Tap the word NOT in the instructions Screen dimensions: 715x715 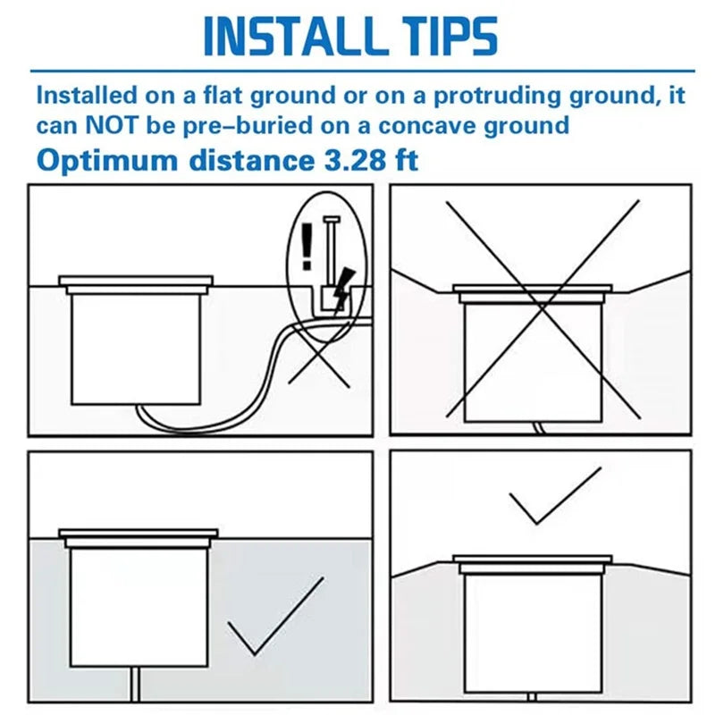click(x=111, y=125)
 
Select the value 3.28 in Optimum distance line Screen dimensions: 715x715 click(x=348, y=160)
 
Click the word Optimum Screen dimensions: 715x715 click(x=107, y=162)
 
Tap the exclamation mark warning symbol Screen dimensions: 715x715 click(x=307, y=247)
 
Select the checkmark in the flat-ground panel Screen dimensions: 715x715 click(x=275, y=617)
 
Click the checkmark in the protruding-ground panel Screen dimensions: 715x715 click(x=554, y=496)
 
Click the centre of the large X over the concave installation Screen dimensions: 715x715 click(x=543, y=309)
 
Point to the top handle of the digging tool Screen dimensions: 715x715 click(x=332, y=220)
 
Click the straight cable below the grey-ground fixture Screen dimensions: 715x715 click(x=136, y=685)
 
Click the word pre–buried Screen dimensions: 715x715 click(x=248, y=126)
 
